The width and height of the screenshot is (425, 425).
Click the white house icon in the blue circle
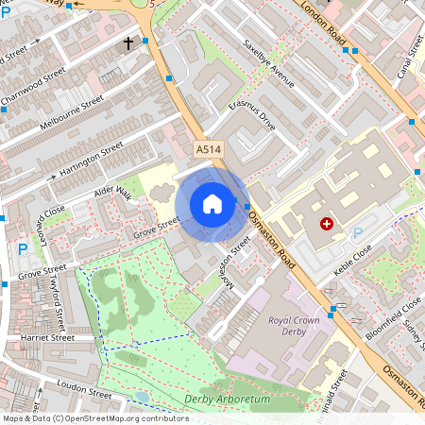coord(212,204)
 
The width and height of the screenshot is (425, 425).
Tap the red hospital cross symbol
coord(327,224)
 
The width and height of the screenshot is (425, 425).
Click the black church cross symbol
coord(127,42)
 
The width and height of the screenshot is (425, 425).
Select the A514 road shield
coord(209,150)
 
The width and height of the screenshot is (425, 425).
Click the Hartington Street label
coord(92,160)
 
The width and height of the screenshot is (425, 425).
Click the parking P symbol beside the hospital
coord(357,233)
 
